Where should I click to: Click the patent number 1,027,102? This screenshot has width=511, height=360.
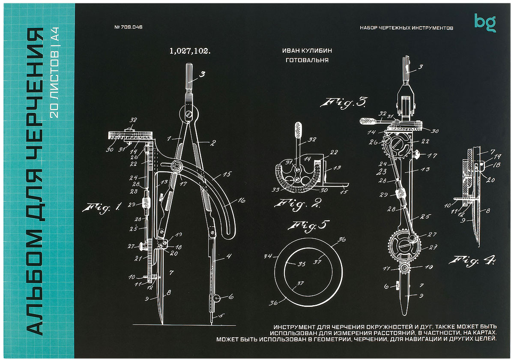pyautogui.click(x=190, y=51)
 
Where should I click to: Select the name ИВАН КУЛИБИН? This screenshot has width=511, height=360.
pyautogui.click(x=307, y=51)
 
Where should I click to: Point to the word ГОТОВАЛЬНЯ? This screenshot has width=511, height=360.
pyautogui.click(x=307, y=60)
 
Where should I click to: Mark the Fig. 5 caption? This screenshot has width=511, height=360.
pyautogui.click(x=305, y=225)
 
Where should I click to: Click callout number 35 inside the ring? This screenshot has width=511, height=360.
pyautogui.click(x=301, y=264)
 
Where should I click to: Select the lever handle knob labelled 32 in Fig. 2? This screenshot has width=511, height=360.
pyautogui.click(x=299, y=129)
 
